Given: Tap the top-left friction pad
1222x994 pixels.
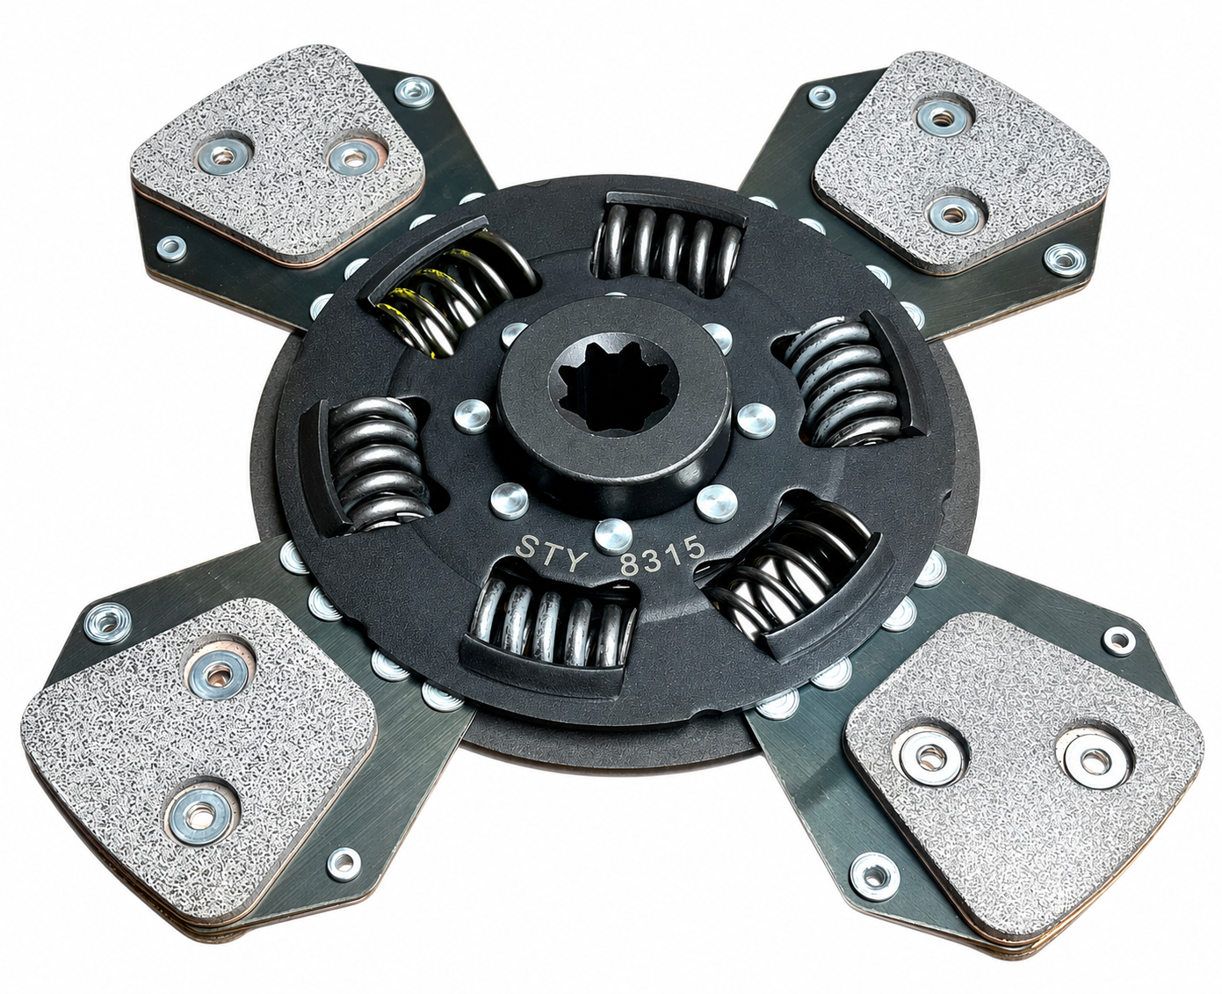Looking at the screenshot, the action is point(278,155).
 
